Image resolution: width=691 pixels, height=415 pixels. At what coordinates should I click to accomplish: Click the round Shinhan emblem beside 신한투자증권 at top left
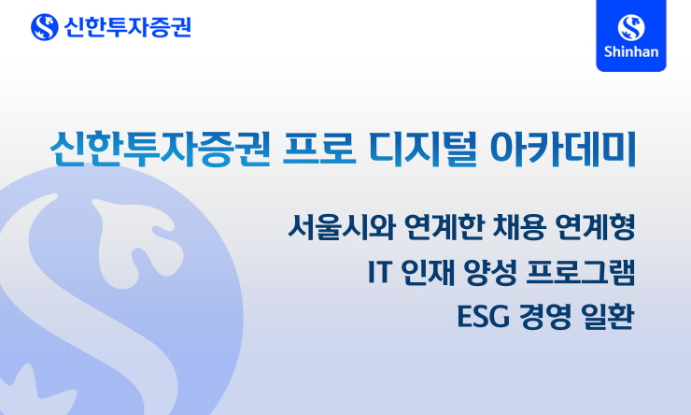coord(44,26)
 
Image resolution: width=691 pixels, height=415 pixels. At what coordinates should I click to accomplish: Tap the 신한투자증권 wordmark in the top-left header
coord(126,26)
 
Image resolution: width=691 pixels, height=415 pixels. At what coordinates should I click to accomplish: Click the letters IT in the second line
coord(379,272)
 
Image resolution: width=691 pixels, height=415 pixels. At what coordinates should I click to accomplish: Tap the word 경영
coord(543,317)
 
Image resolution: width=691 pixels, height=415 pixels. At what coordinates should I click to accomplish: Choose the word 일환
coord(607,317)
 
